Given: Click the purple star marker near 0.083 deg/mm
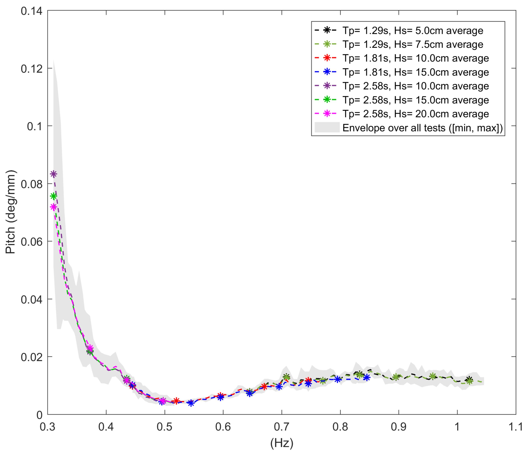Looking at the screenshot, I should click(x=53, y=174).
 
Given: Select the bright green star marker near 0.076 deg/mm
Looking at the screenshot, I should click(x=53, y=196).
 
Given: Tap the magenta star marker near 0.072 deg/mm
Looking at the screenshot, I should click(x=53, y=207).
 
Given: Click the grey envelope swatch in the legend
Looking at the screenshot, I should click(x=327, y=127).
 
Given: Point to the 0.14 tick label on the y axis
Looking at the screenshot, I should click(x=32, y=11).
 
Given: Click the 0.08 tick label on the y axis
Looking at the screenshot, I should click(x=32, y=184).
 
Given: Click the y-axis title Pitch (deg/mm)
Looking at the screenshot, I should click(x=11, y=212).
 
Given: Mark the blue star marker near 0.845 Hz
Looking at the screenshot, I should click(x=366, y=377).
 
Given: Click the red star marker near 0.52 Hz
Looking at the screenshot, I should click(x=176, y=401).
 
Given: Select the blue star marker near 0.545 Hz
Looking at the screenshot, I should click(x=191, y=403).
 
